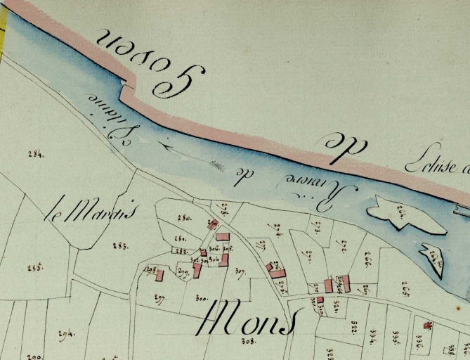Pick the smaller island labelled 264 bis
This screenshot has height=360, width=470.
(433, 259)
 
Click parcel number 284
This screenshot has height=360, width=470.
(35, 154)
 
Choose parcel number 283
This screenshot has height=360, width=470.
(119, 246)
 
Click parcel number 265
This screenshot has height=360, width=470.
(406, 285)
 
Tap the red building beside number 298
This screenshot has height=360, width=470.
(159, 275)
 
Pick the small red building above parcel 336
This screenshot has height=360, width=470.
(428, 326)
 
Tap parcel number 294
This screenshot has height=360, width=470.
(66, 333)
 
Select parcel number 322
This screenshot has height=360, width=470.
(355, 329)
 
